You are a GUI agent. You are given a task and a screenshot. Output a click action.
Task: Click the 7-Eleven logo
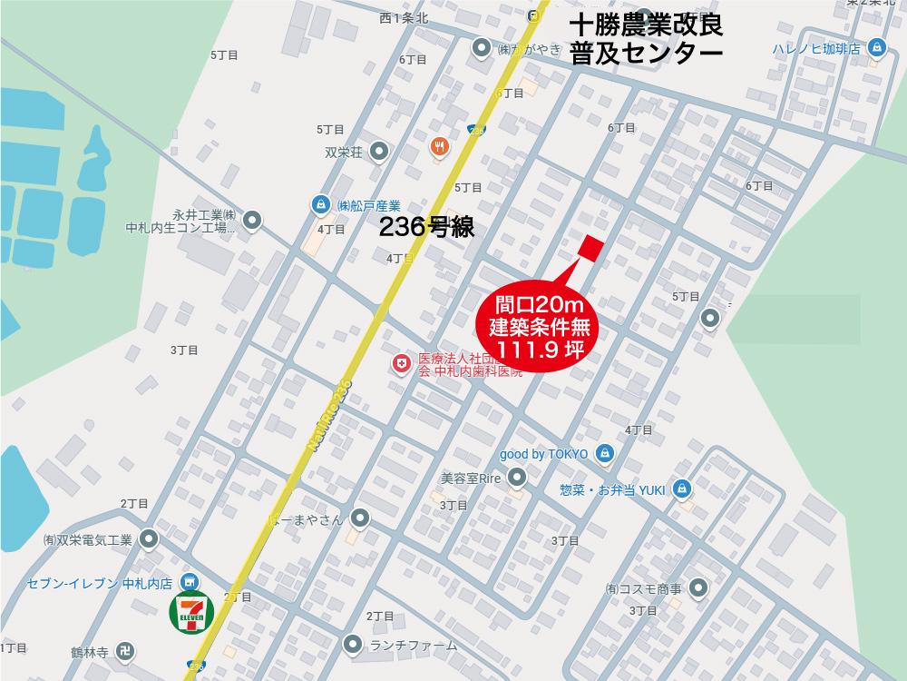[x=190, y=614]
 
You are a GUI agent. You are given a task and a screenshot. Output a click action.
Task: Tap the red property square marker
[x=590, y=248]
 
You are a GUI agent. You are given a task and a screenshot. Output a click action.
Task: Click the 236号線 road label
[x=425, y=228]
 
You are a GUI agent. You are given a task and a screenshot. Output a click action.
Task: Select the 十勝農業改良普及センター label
[x=646, y=39]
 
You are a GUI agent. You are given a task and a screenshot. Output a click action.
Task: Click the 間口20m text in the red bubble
[x=539, y=303]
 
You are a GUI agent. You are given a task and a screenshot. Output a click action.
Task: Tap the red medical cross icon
[x=400, y=364]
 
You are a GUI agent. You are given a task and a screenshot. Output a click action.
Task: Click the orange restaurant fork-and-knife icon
[x=440, y=146]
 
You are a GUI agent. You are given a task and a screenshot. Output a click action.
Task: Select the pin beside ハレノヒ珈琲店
[x=876, y=48]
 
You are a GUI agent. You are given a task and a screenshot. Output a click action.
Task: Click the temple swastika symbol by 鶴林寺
[x=128, y=651]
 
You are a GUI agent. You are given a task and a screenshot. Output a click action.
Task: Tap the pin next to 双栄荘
[x=381, y=152]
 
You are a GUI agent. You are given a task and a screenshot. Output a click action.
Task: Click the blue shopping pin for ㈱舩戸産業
[x=319, y=204]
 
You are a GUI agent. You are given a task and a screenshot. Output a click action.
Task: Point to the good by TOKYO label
[x=544, y=453]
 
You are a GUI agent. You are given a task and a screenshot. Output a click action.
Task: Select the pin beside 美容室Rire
[x=516, y=477]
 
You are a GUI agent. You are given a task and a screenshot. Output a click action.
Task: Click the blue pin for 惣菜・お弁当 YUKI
[x=683, y=489]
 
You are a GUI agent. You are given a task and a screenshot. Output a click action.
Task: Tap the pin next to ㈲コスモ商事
[x=697, y=588]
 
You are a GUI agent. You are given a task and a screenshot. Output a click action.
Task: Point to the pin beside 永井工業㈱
[x=253, y=219]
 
